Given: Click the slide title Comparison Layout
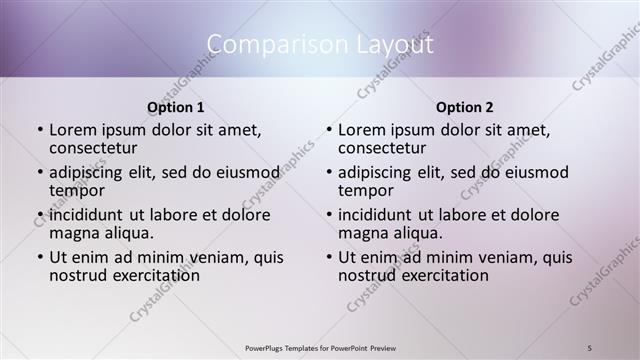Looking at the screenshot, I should (x=320, y=45).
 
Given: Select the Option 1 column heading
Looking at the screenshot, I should (x=176, y=106).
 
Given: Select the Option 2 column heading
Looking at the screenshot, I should (x=465, y=106).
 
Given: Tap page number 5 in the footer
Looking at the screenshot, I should (x=590, y=346).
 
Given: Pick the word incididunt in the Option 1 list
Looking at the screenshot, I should (x=87, y=215).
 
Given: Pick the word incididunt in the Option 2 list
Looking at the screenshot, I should (x=376, y=215).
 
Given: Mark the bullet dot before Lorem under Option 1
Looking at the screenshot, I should (x=40, y=131).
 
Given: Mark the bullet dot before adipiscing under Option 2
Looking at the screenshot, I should (x=329, y=173).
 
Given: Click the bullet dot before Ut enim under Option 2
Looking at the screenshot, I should (x=329, y=257).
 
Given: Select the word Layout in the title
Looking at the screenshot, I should (x=391, y=45).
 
